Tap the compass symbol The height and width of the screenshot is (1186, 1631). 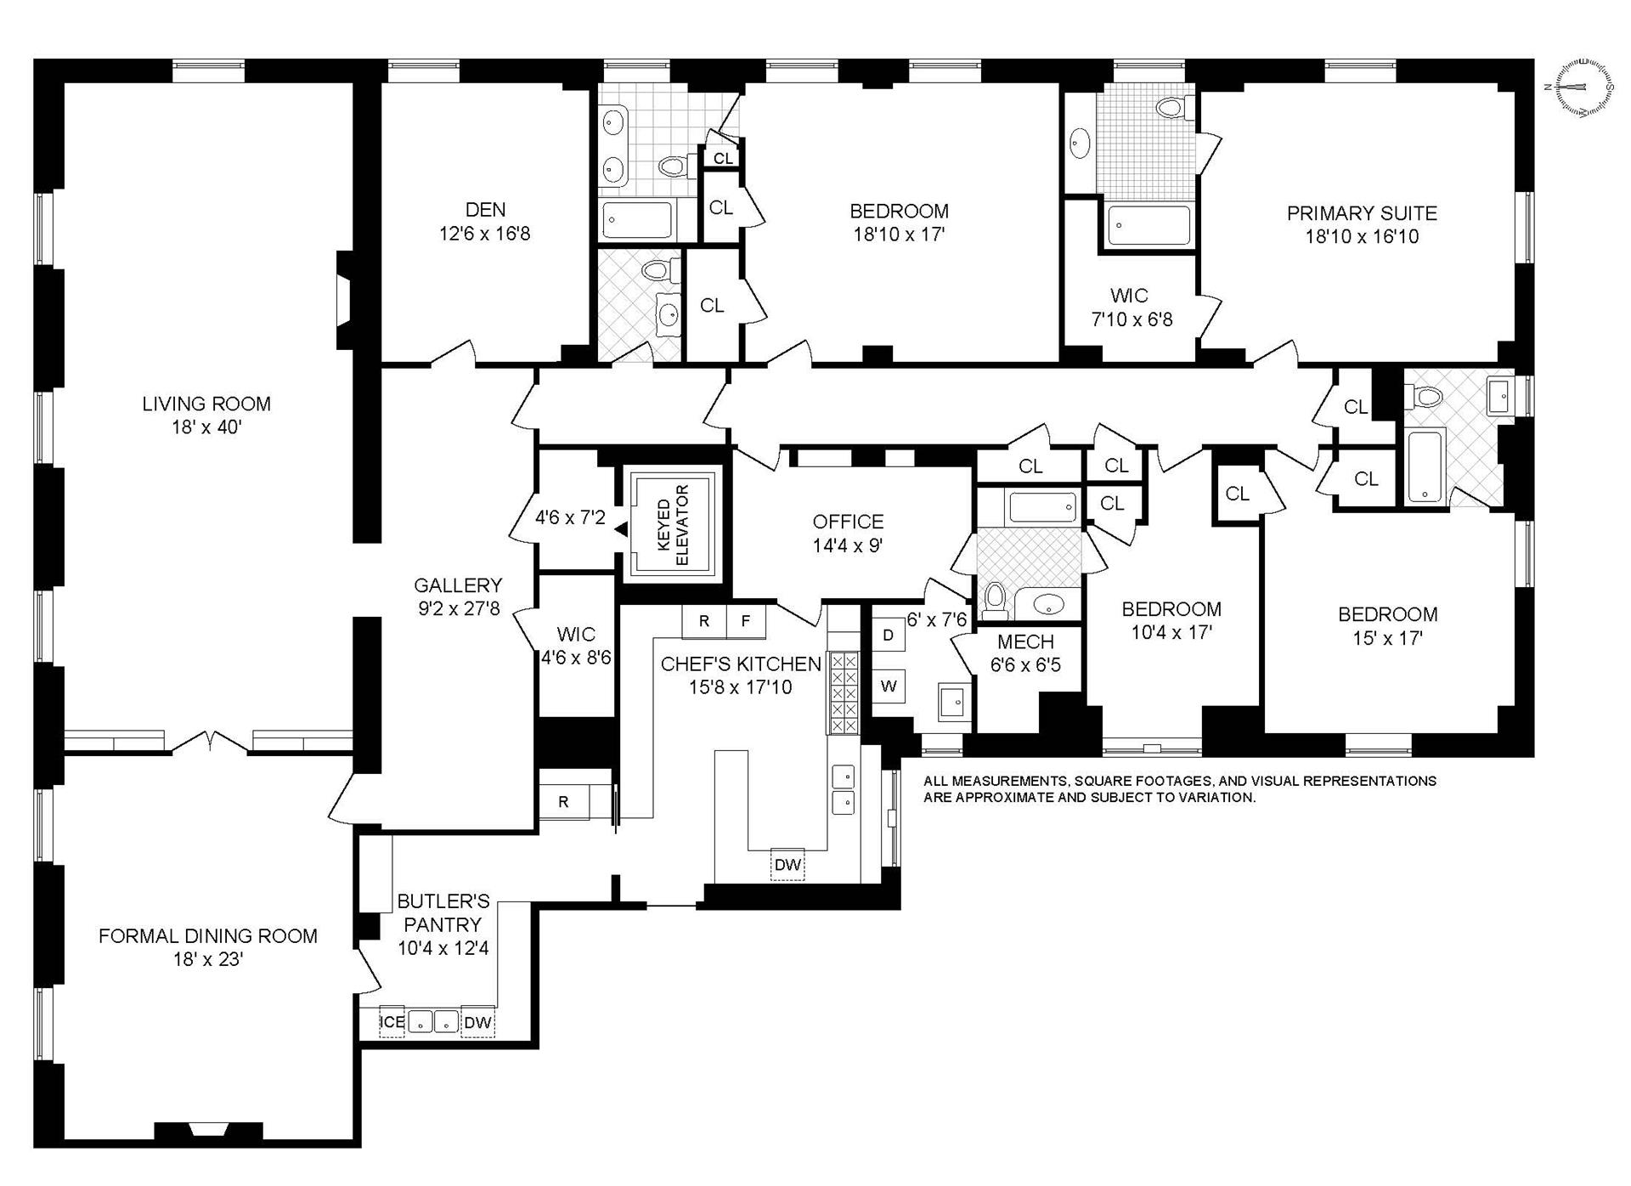point(1583,87)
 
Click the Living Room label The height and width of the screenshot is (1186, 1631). point(206,404)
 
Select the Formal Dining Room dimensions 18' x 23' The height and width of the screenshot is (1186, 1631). point(207,959)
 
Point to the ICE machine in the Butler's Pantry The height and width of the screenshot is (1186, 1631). point(392,1022)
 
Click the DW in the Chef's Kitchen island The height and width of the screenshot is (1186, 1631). point(787,865)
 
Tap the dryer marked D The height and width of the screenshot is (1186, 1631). point(889,635)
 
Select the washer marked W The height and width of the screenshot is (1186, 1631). point(889,686)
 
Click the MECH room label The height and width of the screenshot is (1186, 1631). point(1025,642)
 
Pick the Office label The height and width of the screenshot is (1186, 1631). point(848,522)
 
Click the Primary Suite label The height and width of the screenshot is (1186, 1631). point(1361,213)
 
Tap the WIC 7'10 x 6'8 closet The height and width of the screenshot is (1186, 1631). point(1131,308)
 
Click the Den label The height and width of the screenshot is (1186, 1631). point(485,210)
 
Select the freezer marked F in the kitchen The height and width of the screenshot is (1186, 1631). point(746,621)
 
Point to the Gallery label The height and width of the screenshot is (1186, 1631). point(458,585)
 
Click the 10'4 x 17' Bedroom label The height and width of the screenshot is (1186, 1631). point(1171,609)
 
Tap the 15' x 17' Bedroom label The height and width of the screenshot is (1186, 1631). point(1387,614)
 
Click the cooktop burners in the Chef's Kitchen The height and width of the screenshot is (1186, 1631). point(844,692)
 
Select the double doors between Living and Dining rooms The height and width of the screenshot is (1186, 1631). point(210,743)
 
